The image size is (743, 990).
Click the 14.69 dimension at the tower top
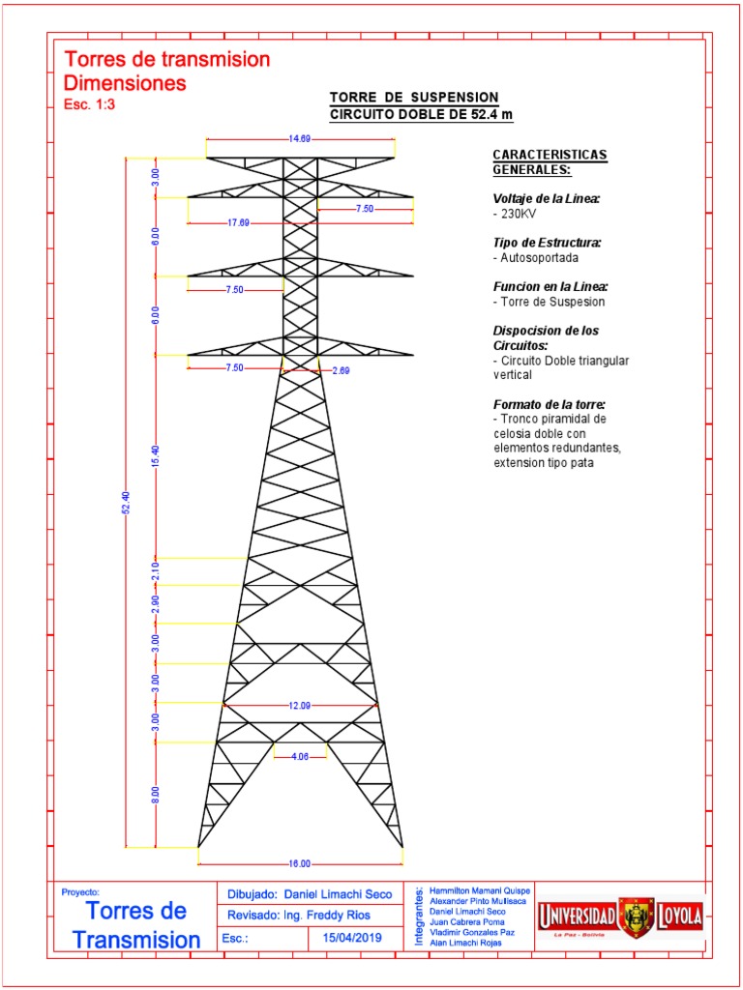(300, 139)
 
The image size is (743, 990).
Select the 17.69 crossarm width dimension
(238, 223)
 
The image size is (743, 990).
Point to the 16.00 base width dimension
(300, 863)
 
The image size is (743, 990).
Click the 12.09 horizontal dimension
(300, 706)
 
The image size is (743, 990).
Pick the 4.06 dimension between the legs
(300, 758)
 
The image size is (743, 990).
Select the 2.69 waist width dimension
(341, 370)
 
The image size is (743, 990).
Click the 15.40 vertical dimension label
(156, 456)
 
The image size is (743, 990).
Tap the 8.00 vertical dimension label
(156, 795)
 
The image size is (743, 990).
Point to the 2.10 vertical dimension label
(156, 571)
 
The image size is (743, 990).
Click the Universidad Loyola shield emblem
(637, 916)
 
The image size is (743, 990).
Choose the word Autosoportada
(533, 258)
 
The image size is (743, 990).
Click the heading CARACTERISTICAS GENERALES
(550, 162)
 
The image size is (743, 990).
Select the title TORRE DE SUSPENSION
(415, 98)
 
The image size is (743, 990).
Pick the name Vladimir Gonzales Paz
(473, 932)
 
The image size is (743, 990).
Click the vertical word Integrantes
(418, 915)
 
